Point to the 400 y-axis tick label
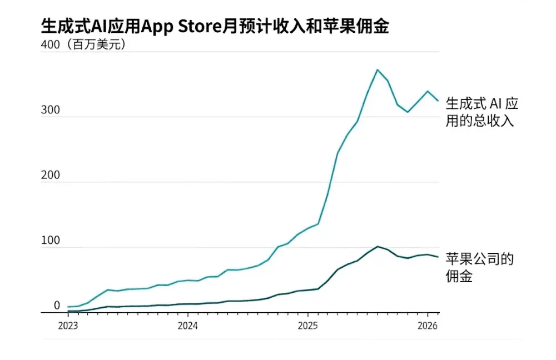click(51, 45)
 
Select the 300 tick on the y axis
click(51, 110)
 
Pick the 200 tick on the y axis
click(51, 176)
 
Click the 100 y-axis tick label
click(51, 241)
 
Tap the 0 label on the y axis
click(57, 306)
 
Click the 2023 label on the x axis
click(68, 326)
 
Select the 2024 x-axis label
click(187, 326)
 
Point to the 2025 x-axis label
click(307, 326)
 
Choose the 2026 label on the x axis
click(427, 326)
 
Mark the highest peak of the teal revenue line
click(378, 69)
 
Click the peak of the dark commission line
click(378, 246)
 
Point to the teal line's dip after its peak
click(408, 112)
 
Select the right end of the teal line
click(438, 101)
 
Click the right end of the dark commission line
click(438, 257)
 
